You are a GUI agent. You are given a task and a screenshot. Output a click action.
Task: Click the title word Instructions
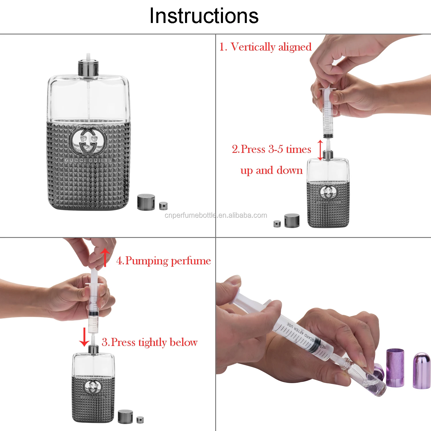pos(204,16)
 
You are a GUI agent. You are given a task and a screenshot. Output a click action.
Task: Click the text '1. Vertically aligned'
pos(265,47)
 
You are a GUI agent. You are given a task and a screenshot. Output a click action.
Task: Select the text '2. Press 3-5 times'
pos(271,149)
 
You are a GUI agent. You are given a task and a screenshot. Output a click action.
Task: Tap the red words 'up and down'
pos(271,170)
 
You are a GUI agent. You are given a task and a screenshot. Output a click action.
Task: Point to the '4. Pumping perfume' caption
pos(163,261)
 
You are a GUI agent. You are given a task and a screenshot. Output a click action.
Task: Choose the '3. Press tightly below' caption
pos(150,342)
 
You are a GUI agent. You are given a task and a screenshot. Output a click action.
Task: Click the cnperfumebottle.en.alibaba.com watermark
pos(216,215)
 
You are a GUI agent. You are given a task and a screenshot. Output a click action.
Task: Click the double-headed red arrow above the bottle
pos(320,150)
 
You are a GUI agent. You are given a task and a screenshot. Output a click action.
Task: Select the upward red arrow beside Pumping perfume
pos(105,257)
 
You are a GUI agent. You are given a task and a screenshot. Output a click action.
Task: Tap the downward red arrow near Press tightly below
pos(84,337)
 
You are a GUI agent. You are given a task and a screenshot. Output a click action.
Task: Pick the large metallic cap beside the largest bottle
pos(146,202)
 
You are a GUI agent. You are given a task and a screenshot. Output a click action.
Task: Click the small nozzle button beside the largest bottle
pos(163,206)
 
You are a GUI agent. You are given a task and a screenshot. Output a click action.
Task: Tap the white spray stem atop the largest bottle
pos(88,57)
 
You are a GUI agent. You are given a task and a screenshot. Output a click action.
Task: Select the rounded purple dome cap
pos(422,371)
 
